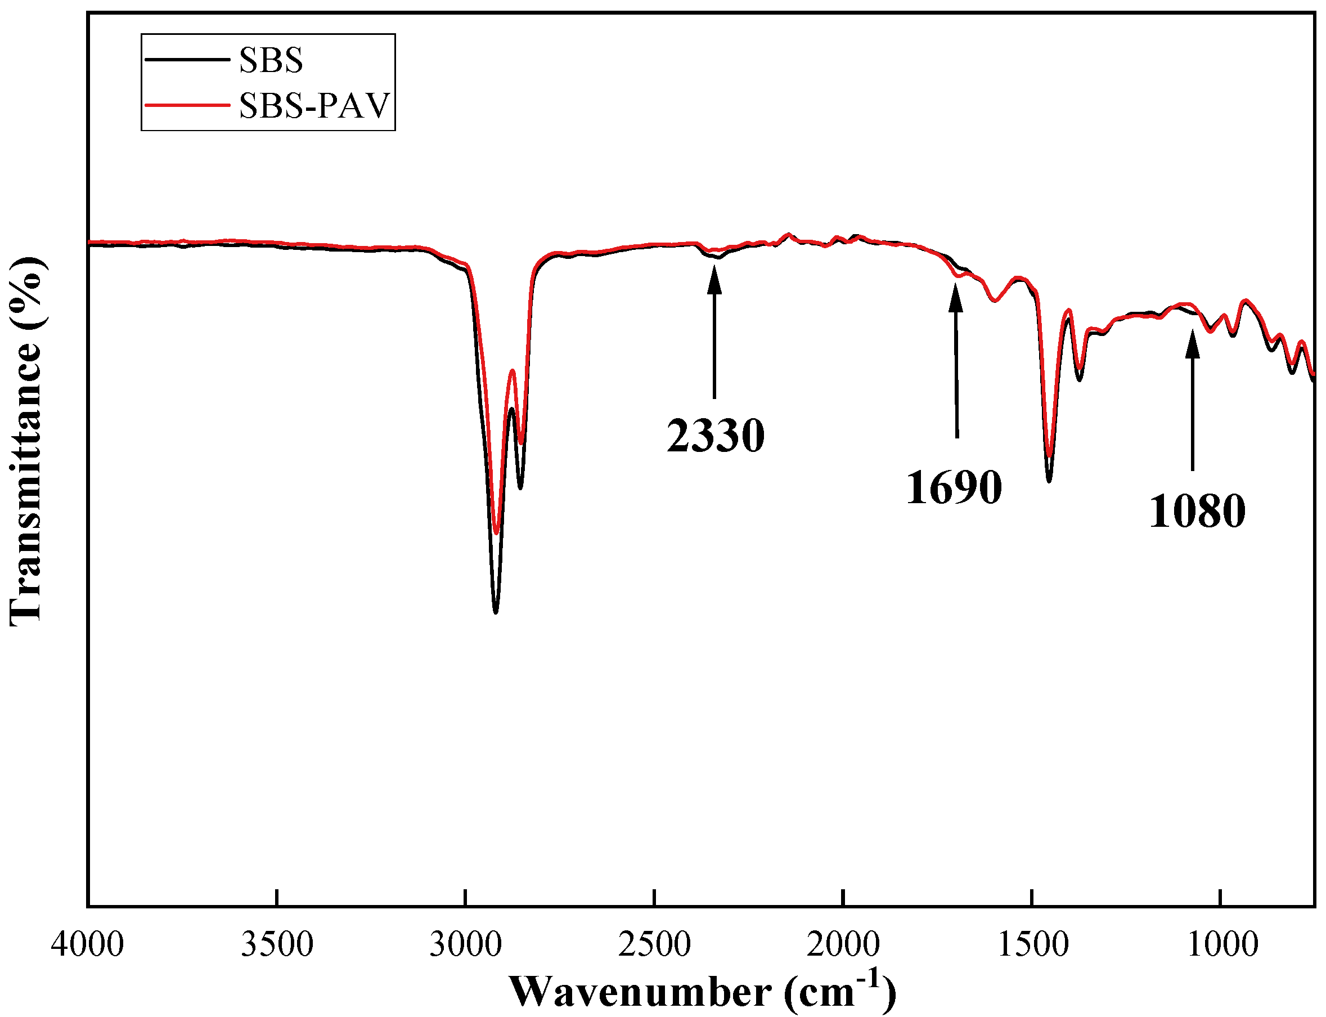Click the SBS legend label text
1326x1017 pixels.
(x=271, y=61)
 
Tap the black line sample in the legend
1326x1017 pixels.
(x=187, y=59)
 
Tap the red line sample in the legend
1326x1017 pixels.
(x=187, y=105)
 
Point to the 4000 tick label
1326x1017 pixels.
(x=87, y=944)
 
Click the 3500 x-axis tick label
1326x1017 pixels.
(x=277, y=944)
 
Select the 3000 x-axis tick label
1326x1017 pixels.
(x=465, y=944)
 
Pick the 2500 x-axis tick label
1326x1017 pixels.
(x=654, y=944)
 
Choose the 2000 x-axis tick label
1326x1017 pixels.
(x=843, y=944)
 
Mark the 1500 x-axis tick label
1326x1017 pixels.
(x=1032, y=944)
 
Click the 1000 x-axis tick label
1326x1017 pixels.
(x=1222, y=944)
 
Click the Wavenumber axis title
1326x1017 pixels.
(x=702, y=992)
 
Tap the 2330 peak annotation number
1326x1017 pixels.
(x=716, y=436)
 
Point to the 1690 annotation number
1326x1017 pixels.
(x=954, y=487)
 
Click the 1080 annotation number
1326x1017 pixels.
(x=1197, y=512)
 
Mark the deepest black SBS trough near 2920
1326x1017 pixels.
(x=496, y=612)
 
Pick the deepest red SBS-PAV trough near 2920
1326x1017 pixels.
(x=496, y=533)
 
